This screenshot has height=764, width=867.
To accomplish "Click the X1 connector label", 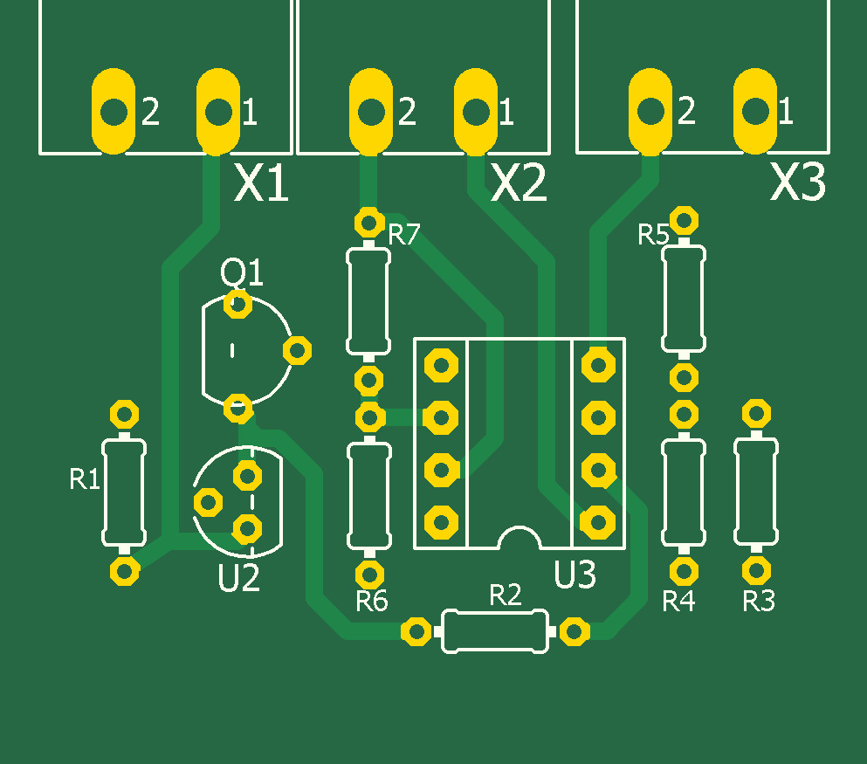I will pyautogui.click(x=262, y=184).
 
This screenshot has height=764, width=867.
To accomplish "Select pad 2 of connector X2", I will pyautogui.click(x=370, y=111).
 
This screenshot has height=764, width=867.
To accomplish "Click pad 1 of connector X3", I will pyautogui.click(x=754, y=111).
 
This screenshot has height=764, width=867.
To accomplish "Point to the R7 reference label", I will pyautogui.click(x=404, y=234).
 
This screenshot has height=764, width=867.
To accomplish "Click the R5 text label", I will pyautogui.click(x=653, y=235).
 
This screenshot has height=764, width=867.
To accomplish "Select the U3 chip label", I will pyautogui.click(x=575, y=575).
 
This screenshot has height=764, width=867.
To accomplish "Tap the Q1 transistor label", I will pyautogui.click(x=241, y=274).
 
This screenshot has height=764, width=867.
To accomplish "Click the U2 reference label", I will pyautogui.click(x=238, y=578).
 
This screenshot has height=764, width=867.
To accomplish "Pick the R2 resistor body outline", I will pyautogui.click(x=496, y=630).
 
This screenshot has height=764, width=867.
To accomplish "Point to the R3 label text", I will pyautogui.click(x=758, y=601).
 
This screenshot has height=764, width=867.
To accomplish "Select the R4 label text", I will pyautogui.click(x=678, y=601).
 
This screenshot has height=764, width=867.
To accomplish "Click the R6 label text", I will pyautogui.click(x=371, y=601).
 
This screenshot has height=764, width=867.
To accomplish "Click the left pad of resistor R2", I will pyautogui.click(x=416, y=631).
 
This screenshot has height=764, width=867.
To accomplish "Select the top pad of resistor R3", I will pyautogui.click(x=756, y=413).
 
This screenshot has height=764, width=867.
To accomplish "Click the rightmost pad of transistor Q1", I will pyautogui.click(x=297, y=350).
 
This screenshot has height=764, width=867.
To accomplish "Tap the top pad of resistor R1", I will pyautogui.click(x=124, y=413).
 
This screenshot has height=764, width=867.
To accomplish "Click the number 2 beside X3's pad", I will pyautogui.click(x=686, y=111).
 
